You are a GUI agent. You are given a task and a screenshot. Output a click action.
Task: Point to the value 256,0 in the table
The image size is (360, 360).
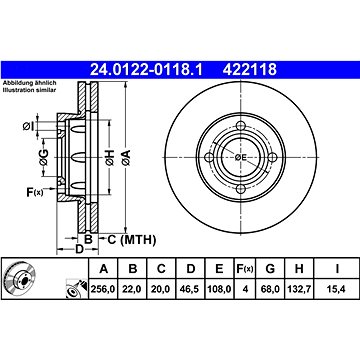click(x=100, y=290)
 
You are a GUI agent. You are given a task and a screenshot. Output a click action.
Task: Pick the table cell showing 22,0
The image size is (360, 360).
click(x=130, y=290)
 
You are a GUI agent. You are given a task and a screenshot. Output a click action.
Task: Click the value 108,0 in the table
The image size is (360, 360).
click(x=218, y=290)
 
